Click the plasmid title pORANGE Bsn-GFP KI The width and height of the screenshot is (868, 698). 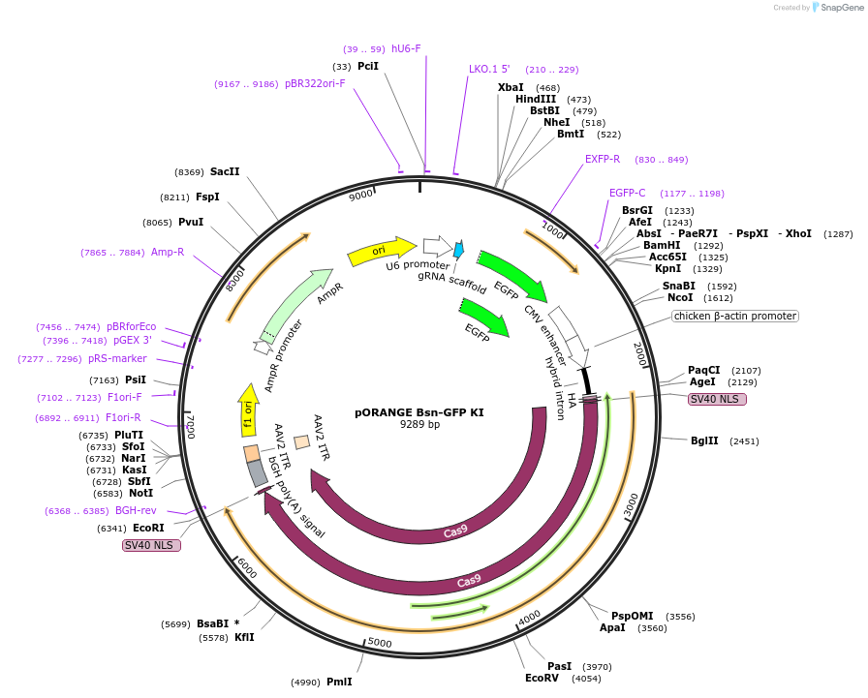pos(419,411)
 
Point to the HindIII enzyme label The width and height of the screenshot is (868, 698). pos(536,99)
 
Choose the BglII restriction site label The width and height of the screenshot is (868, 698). pos(704,440)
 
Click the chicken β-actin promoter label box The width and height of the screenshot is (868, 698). pos(734,316)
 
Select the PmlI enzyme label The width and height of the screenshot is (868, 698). pos(339,682)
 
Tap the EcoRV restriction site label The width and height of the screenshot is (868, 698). pos(542,679)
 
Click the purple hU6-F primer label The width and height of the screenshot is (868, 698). pos(406,48)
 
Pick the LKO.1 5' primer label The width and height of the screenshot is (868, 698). pos(489,70)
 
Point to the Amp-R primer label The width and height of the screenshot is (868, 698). pos(168,252)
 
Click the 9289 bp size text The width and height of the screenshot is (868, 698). pos(419,424)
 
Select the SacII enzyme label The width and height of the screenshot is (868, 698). pos(225,171)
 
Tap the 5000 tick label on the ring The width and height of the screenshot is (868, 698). pos(380,643)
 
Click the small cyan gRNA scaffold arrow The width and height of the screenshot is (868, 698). pos(459,250)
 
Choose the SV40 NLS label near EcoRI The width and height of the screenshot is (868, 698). pos(151,545)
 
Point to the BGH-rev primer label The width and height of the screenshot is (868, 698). pos(136,510)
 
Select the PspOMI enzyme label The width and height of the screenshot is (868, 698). pos(632,616)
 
